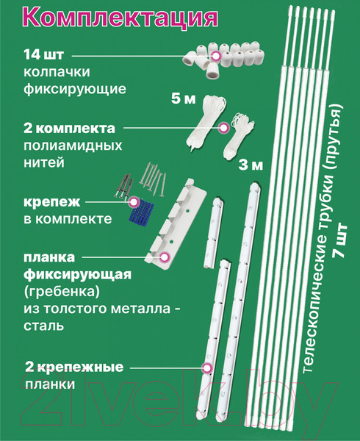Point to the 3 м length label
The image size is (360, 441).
[x=250, y=166]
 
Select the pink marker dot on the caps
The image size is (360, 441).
[x=216, y=56]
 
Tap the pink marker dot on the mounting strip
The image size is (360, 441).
[x=207, y=366]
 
